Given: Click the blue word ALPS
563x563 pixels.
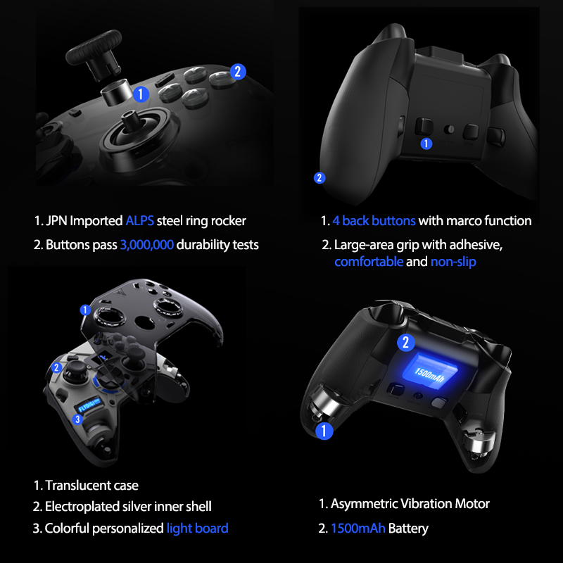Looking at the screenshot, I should pyautogui.click(x=140, y=221).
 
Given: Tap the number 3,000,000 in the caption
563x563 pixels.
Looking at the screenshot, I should pyautogui.click(x=146, y=245).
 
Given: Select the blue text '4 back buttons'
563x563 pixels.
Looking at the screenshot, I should pyautogui.click(x=374, y=221).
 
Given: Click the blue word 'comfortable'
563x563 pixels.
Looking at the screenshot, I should pyautogui.click(x=369, y=262).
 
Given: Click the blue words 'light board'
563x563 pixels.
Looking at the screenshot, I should pyautogui.click(x=197, y=528).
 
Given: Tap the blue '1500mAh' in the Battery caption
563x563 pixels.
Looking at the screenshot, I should pyautogui.click(x=359, y=528).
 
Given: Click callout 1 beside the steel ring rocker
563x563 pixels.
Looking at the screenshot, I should pyautogui.click(x=141, y=94).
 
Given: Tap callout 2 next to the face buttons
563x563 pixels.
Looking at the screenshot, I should pyautogui.click(x=238, y=71).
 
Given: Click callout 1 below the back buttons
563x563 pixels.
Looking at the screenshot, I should pyautogui.click(x=426, y=144).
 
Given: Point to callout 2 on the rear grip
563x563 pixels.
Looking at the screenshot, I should pyautogui.click(x=320, y=177).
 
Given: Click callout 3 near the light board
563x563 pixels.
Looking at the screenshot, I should pyautogui.click(x=79, y=419).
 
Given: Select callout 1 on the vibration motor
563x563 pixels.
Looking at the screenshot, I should pyautogui.click(x=323, y=431).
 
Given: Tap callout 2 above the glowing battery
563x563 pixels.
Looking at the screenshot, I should pyautogui.click(x=405, y=343).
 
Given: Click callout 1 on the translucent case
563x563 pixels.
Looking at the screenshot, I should pyautogui.click(x=85, y=310).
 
